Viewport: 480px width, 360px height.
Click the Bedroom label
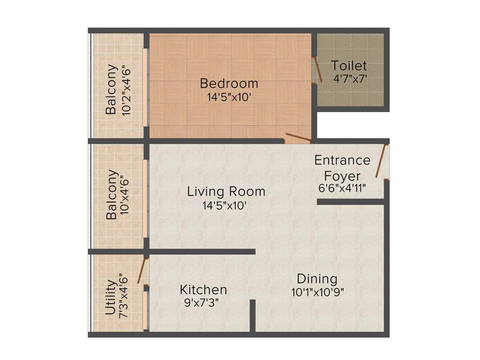click(x=229, y=83)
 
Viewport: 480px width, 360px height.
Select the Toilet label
click(x=349, y=66)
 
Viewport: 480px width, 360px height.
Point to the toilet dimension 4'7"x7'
click(x=350, y=79)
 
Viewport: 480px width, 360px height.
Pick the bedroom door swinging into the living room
click(x=298, y=137)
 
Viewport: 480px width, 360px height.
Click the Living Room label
click(x=226, y=191)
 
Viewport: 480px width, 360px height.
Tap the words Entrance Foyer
click(x=342, y=168)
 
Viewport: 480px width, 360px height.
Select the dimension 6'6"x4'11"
click(x=341, y=188)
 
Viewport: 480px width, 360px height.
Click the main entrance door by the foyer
click(x=381, y=161)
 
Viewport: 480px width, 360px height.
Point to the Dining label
click(x=317, y=279)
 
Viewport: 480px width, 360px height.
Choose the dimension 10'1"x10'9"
click(x=317, y=292)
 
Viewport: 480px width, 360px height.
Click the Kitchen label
click(x=203, y=290)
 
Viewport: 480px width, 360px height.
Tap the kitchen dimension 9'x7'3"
click(x=202, y=302)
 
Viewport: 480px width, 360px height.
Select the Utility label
click(x=111, y=298)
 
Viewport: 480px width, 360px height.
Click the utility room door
click(x=141, y=270)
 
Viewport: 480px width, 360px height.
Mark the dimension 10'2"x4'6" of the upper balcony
click(x=126, y=89)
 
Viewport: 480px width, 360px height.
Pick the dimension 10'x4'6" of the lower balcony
click(x=125, y=195)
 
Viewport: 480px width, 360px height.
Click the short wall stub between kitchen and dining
click(x=252, y=316)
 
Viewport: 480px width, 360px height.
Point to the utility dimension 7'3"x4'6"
click(x=124, y=296)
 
